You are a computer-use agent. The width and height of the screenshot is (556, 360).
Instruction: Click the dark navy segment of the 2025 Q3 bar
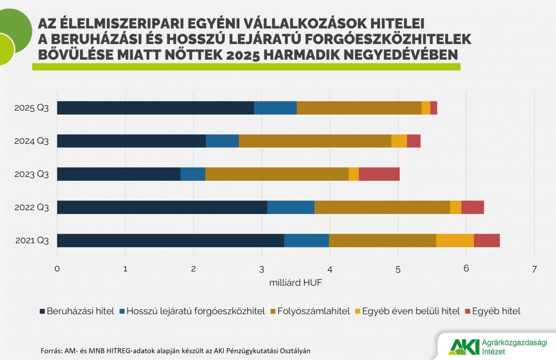(155, 108)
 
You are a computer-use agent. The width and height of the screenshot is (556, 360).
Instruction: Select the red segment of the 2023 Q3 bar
(379, 174)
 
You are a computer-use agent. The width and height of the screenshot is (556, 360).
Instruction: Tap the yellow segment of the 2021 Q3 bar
(454, 241)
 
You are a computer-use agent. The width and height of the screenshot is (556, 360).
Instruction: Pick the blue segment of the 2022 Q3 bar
(290, 207)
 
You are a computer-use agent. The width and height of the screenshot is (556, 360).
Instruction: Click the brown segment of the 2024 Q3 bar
(315, 141)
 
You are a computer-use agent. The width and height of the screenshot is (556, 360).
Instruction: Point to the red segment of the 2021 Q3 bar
(486, 241)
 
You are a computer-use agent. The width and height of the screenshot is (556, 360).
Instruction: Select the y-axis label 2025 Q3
(31, 108)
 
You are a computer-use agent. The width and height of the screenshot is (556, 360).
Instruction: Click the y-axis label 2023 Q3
(31, 174)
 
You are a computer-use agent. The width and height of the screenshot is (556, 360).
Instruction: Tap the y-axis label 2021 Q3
(31, 241)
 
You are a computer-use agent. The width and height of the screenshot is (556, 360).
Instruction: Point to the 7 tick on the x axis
(534, 269)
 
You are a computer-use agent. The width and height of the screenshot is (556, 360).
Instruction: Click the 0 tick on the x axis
(57, 269)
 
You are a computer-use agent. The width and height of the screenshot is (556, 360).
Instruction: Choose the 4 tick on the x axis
(330, 269)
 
